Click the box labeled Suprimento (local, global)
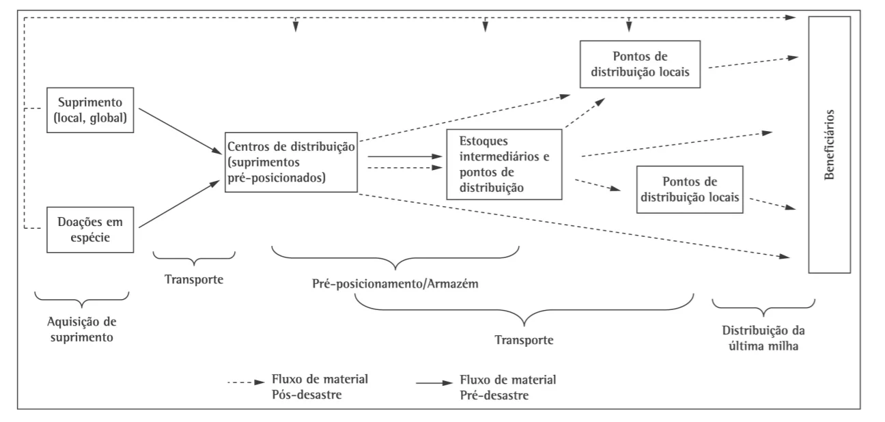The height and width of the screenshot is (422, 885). tap(90, 110)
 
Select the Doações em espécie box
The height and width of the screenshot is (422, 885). tap(90, 229)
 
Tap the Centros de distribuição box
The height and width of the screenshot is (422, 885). tap(291, 163)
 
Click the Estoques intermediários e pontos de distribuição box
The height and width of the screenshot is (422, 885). tap(504, 165)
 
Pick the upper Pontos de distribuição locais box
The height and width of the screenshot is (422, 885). tap(640, 64)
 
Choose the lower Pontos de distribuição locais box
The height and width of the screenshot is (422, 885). tap(690, 190)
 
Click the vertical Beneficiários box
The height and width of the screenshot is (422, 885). tap(829, 145)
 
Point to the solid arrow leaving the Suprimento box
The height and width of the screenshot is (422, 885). tap(180, 131)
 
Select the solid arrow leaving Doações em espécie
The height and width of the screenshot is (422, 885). tap(180, 203)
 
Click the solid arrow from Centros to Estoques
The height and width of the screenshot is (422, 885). tap(405, 156)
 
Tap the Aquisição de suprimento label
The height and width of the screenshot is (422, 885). tap(82, 329)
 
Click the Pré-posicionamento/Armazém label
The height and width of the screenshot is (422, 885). tap(395, 283)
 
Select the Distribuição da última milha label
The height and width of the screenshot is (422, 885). tap(763, 338)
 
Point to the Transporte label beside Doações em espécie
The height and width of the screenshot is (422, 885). tap(194, 279)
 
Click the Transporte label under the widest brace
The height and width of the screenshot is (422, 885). tap(524, 340)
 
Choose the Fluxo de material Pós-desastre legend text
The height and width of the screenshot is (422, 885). tap(320, 386)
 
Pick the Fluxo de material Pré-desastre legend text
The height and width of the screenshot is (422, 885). tap(507, 387)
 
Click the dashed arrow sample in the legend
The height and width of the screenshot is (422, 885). tap(246, 382)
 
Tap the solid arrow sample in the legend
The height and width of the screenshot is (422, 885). tap(434, 383)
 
